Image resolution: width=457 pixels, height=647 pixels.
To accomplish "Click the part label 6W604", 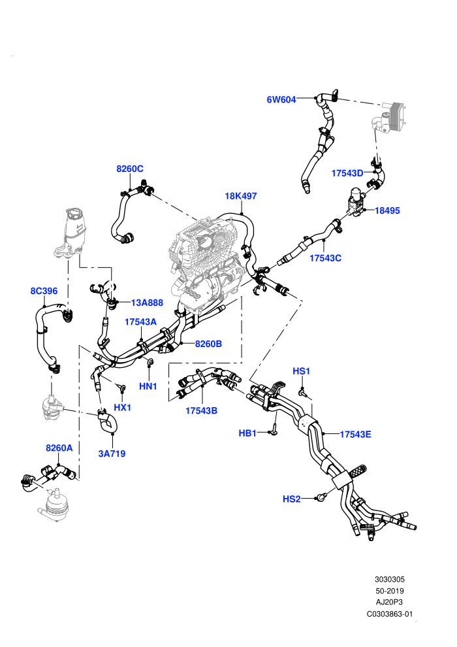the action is tap(281, 99).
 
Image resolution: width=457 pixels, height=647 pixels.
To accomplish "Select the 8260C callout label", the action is tap(130, 169).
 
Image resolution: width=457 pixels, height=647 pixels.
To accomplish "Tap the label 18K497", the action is tap(241, 196).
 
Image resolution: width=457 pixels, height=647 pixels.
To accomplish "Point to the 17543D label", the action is tap(347, 173).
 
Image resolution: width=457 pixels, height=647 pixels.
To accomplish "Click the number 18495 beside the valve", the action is tap(387, 210).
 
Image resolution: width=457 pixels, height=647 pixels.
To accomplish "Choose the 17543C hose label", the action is tap(326, 258).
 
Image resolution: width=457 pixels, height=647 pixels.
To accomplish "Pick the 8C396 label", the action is tap(44, 291).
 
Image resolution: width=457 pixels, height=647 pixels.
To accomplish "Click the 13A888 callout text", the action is tap(147, 303).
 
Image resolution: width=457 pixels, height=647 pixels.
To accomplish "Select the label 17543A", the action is tap(140, 322).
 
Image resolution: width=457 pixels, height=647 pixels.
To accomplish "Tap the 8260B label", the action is tap(208, 344).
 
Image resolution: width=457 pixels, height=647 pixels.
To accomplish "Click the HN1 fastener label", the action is tap(148, 387).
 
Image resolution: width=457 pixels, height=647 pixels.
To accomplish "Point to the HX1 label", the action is tap(122, 408).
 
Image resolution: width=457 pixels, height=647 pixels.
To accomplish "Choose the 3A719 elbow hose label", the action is tap(112, 454).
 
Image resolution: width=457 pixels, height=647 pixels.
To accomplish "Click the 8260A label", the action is tap(59, 448).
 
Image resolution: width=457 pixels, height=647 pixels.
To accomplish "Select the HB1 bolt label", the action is tap(247, 433).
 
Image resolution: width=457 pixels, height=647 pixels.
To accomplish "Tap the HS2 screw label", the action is tap(292, 499).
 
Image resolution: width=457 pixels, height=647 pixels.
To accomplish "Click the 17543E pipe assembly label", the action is tap(355, 434).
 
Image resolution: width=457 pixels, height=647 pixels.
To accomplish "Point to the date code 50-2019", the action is tap(389, 591).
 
